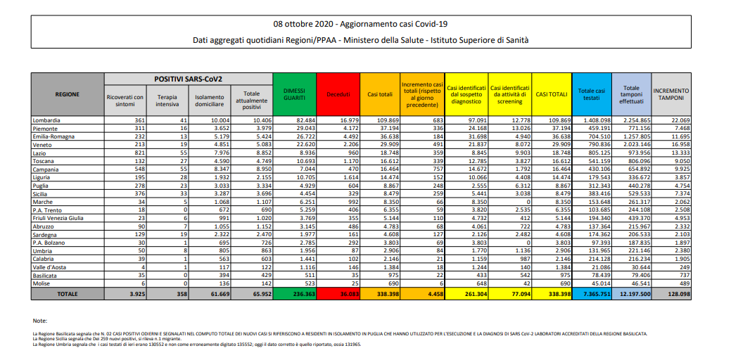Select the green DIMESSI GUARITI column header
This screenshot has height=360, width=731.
(293, 94)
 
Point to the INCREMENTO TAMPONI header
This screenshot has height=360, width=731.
(670, 94)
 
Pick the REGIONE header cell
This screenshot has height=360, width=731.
(68, 94)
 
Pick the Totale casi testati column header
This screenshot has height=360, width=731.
(591, 94)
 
